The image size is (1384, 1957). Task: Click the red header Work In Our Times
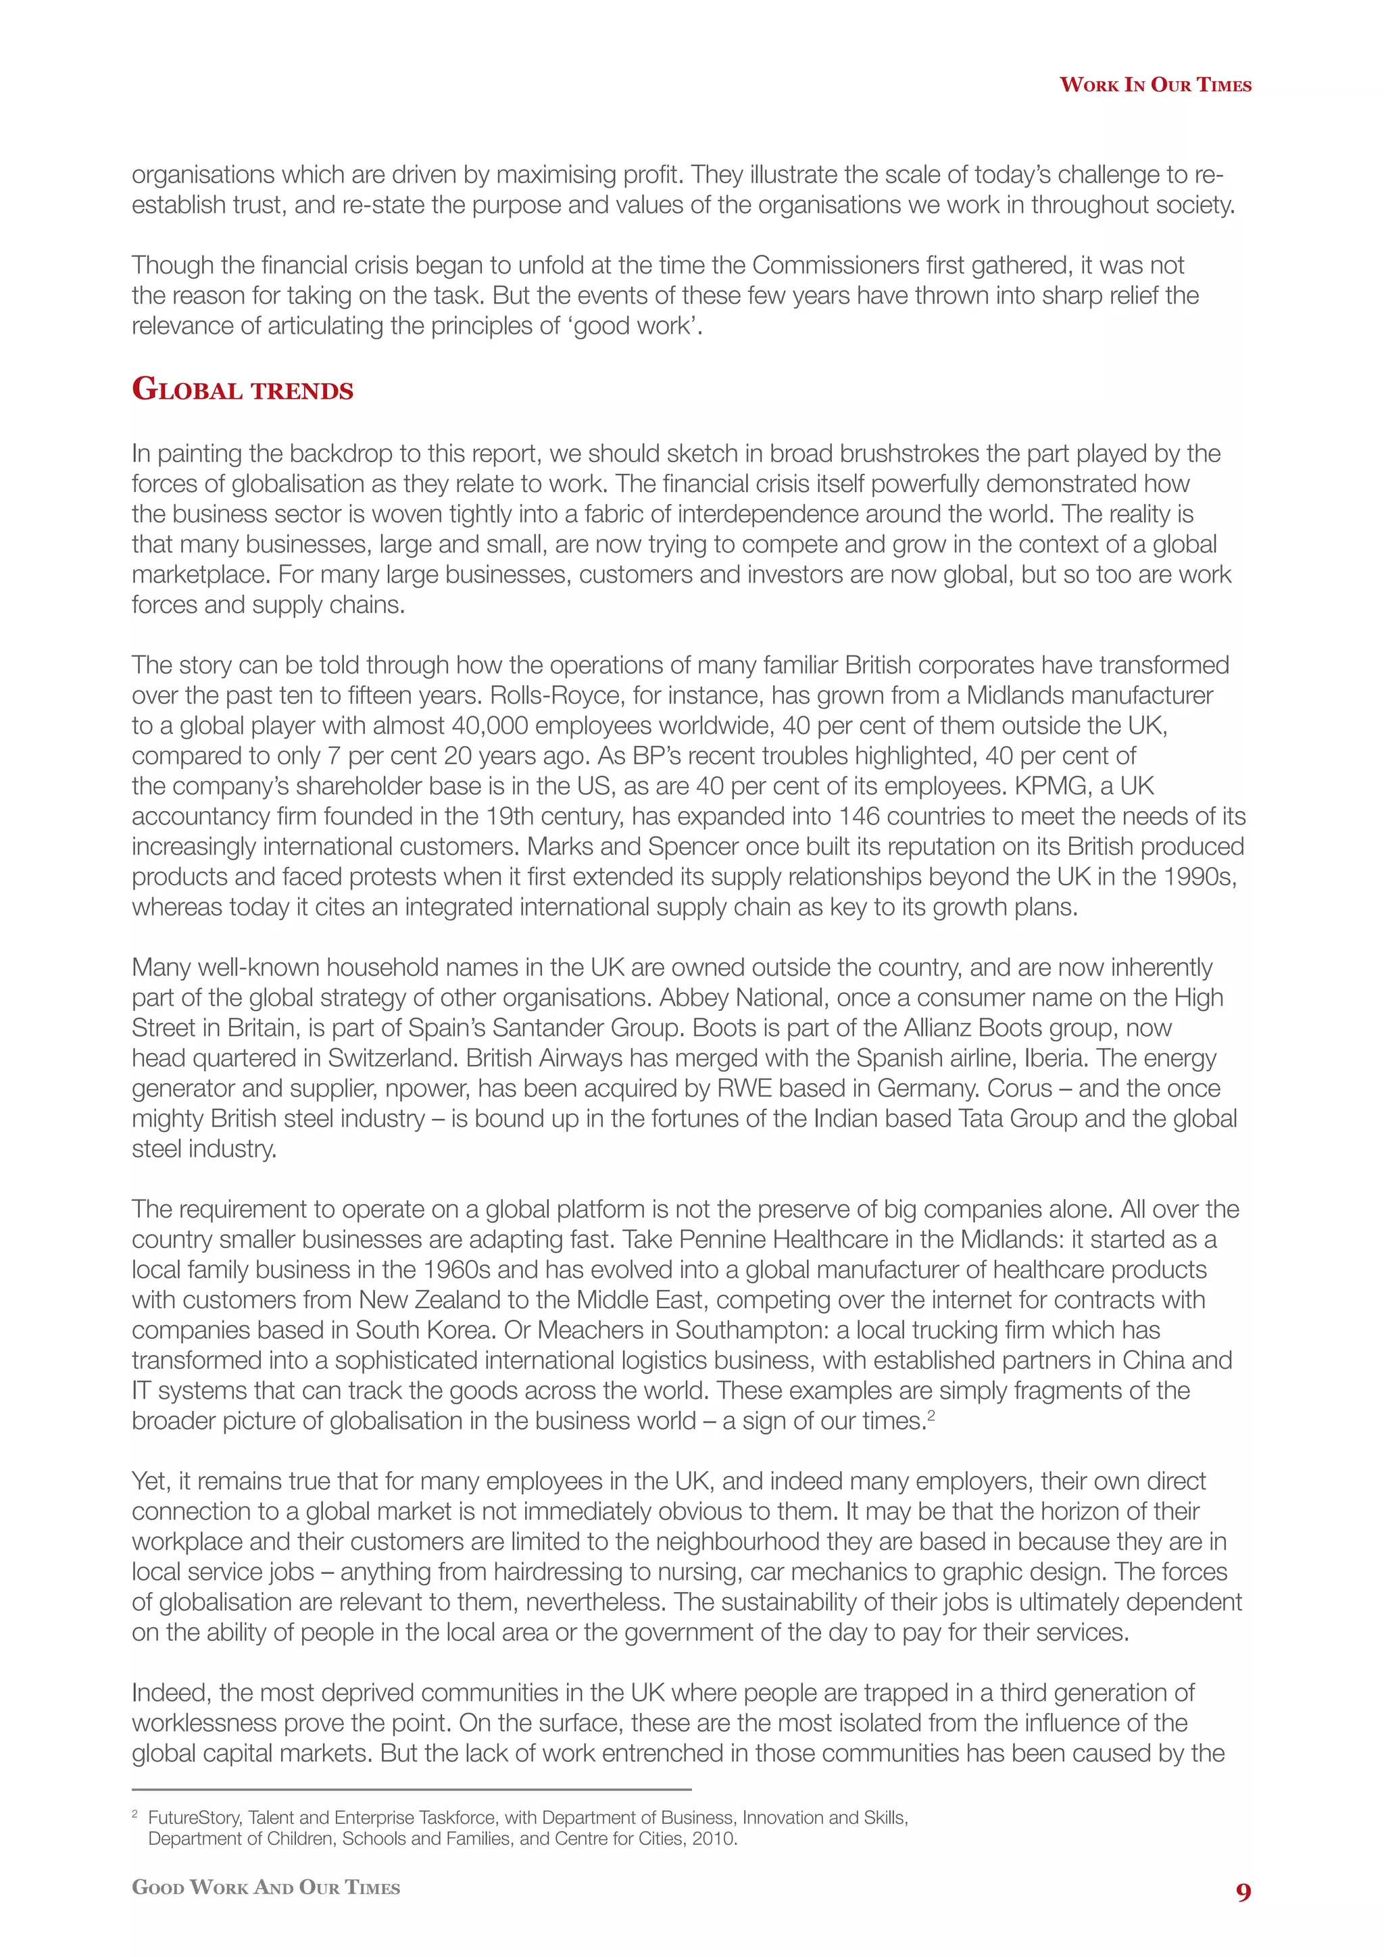pos(1155,84)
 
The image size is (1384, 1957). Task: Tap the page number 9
pos(1243,1892)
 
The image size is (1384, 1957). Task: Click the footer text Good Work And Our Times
pos(266,1887)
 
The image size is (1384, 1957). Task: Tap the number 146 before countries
pos(859,816)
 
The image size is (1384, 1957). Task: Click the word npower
pos(424,1089)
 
